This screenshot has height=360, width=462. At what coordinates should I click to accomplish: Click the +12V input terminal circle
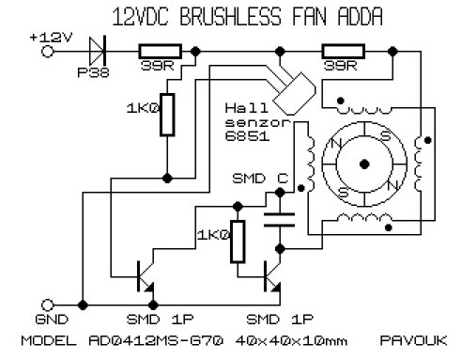48,52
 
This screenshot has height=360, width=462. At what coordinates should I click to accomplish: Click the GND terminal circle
48,305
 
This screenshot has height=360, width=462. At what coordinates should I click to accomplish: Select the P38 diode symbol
97,51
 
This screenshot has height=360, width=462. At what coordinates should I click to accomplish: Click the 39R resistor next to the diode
161,52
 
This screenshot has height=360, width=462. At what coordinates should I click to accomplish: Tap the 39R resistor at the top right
344,52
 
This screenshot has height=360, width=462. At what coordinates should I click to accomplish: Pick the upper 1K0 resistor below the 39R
167,115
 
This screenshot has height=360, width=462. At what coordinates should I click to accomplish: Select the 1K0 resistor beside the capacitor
238,242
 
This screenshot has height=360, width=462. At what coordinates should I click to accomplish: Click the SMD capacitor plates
279,220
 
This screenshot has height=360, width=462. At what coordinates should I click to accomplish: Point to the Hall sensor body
294,94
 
